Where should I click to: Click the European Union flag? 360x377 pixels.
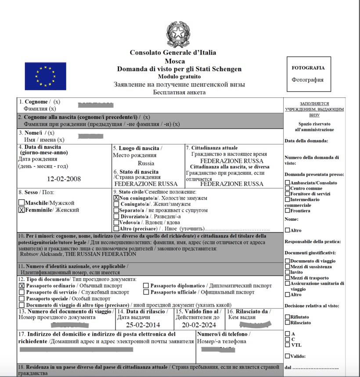[45, 76]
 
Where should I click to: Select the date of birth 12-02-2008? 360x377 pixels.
[64, 179]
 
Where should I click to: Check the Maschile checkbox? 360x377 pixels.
[22, 203]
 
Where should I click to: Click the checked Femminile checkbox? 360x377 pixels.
[22, 210]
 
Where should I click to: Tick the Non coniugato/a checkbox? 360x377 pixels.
[116, 198]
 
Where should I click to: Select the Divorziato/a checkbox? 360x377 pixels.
[116, 216]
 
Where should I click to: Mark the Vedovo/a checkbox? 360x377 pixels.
[116, 223]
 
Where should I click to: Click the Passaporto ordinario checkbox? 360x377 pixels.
[22, 286]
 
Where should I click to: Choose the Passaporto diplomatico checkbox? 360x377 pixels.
[146, 286]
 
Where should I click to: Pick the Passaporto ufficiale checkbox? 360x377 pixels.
[146, 292]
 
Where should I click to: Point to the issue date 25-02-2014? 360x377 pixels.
[143, 325]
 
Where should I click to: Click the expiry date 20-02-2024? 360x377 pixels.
[199, 325]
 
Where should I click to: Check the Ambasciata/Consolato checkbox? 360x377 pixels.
[287, 183]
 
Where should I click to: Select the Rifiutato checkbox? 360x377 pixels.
[287, 316]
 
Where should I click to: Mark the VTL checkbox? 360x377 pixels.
[287, 345]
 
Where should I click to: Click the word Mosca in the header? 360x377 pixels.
[175, 61]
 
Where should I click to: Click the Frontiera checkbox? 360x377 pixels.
[287, 211]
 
